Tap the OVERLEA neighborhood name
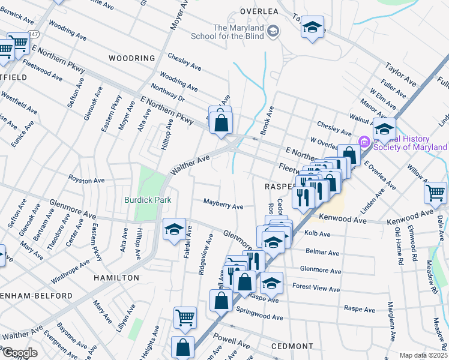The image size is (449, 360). coord(261,11)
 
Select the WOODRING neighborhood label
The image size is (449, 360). coord(132,58)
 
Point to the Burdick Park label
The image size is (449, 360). coord(148,200)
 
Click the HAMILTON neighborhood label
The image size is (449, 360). coord(116,278)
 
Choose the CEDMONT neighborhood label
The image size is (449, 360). coord(292,346)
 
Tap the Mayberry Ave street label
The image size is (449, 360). coord(223,206)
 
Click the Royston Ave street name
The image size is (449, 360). coord(86,180)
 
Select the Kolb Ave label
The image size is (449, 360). coord(318,233)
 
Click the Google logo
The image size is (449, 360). coord(20,352)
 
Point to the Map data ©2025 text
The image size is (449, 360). coord(423,355)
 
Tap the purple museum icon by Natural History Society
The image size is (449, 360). coord(364,141)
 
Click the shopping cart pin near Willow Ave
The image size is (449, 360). coord(435,193)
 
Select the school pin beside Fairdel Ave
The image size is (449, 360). coord(174,230)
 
